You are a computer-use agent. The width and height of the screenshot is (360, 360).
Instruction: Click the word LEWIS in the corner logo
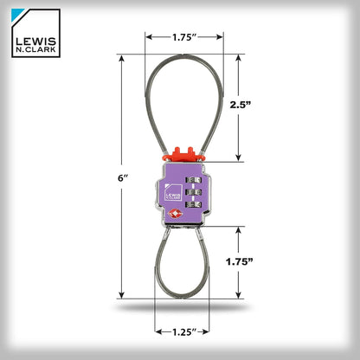pos(35,42)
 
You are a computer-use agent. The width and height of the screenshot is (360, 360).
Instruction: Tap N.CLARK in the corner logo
pos(35,49)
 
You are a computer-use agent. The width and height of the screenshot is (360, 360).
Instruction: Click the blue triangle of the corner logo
pos(17,15)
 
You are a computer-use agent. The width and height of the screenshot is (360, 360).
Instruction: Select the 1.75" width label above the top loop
pos(184,37)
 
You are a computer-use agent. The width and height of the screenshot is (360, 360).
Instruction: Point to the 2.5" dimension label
pos(241,105)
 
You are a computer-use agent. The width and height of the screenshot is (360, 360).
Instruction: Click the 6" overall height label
pos(123,178)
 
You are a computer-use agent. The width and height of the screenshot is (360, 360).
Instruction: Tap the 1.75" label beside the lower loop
pos(239,261)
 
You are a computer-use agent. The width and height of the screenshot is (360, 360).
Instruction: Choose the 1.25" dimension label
pos(184,332)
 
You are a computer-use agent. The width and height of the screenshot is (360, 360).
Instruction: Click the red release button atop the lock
pos(183,154)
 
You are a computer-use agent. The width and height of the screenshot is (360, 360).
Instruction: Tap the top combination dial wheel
pos(194,180)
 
